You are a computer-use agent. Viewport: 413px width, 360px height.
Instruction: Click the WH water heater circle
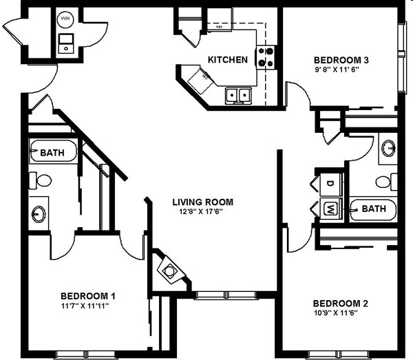tap(66, 19)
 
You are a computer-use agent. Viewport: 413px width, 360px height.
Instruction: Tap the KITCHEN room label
tap(228, 60)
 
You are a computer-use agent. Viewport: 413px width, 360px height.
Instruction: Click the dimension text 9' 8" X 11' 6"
tap(337, 70)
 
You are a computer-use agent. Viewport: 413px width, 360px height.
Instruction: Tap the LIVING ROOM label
tap(202, 202)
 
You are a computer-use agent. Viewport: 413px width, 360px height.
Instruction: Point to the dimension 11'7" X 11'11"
tap(85, 305)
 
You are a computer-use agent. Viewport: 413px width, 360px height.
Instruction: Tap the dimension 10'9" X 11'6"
tap(336, 313)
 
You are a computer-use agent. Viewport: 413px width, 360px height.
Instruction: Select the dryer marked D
tap(328, 184)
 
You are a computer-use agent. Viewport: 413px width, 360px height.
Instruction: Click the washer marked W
tap(328, 208)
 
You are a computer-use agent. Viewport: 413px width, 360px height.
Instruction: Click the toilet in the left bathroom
tap(43, 181)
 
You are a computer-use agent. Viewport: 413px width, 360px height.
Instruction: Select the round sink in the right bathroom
tap(389, 147)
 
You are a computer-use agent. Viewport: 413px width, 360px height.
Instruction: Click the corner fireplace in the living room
tap(168, 269)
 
